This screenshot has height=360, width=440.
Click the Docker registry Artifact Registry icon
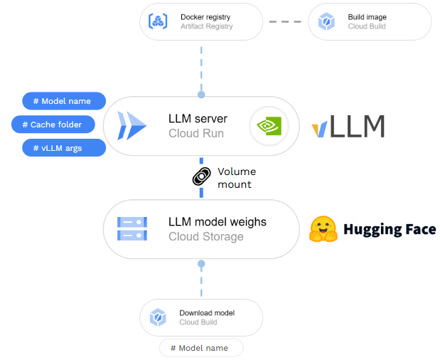[158, 21]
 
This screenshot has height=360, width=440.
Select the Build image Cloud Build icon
[326, 21]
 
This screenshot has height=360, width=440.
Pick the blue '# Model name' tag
[64, 101]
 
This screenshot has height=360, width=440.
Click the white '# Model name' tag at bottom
[201, 348]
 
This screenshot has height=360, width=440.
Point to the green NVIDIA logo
[269, 127]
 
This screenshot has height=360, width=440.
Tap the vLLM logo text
[348, 127]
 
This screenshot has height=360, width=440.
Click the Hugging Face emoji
[323, 229]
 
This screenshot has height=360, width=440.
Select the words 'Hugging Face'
[390, 229]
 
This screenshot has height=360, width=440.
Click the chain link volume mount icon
[202, 177]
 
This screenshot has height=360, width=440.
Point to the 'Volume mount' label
[236, 178]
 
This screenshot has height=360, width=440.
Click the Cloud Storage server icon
[132, 229]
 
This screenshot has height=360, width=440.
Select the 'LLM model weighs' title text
[217, 222]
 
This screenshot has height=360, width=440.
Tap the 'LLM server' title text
[198, 118]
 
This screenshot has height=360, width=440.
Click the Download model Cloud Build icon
[158, 317]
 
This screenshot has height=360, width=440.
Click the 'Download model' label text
[206, 313]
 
